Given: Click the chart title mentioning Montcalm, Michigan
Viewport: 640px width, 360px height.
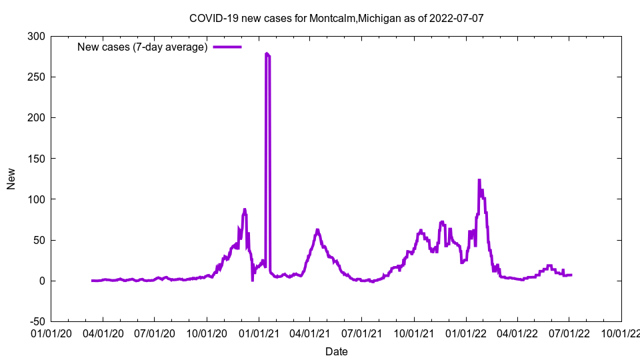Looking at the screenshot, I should pyautogui.click(x=337, y=18).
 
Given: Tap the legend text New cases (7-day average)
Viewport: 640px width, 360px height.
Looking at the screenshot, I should pyautogui.click(x=143, y=47).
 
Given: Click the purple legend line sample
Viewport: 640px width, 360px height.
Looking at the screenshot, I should pyautogui.click(x=227, y=47).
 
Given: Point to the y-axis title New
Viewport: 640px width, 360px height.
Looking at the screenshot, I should pyautogui.click(x=11, y=179).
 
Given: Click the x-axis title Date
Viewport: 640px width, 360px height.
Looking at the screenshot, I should pyautogui.click(x=337, y=351).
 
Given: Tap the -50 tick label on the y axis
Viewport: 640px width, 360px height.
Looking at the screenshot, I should pyautogui.click(x=35, y=321).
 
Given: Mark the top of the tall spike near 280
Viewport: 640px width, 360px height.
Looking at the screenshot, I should pyautogui.click(x=267, y=53).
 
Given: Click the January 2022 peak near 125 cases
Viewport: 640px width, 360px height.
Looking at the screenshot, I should pyautogui.click(x=479, y=180).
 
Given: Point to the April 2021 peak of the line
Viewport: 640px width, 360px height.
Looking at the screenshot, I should pyautogui.click(x=317, y=230).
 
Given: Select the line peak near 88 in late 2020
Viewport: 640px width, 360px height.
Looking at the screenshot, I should pyautogui.click(x=245, y=209).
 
